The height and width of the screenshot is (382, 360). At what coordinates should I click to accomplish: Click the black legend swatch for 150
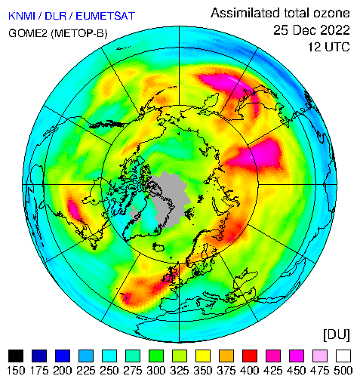(16, 356)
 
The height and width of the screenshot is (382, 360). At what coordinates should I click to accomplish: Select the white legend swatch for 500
(343, 356)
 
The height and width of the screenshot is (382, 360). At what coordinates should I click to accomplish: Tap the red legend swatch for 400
(250, 356)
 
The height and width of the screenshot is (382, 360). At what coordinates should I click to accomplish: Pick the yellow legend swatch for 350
(203, 356)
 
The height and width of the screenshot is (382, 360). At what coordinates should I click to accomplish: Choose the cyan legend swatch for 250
(109, 356)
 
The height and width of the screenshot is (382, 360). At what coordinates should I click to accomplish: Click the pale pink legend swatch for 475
(320, 356)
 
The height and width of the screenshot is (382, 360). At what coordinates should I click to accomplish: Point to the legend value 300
(156, 371)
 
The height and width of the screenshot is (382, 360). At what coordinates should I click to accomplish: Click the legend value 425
(273, 371)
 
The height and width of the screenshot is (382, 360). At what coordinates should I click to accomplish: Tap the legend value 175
(39, 371)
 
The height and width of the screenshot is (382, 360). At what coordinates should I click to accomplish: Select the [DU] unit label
(337, 334)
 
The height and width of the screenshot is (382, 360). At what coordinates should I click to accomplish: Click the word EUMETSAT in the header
(106, 16)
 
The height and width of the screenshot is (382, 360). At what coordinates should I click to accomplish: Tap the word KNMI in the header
(22, 16)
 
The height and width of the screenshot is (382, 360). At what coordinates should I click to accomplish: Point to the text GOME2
(28, 33)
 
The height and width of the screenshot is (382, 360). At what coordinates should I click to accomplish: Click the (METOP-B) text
(79, 33)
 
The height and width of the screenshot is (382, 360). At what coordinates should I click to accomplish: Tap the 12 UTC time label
(329, 47)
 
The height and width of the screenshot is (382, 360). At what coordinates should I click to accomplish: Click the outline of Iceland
(158, 247)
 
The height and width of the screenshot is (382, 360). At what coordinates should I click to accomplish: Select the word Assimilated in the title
(245, 13)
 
